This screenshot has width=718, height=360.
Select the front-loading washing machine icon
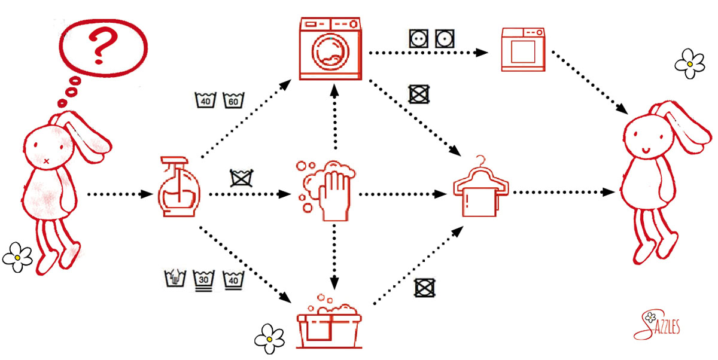[331, 48]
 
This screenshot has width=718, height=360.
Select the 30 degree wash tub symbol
[203, 279]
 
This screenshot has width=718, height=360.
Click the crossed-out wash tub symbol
[240, 178]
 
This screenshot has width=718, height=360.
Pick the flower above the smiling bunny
[689, 62]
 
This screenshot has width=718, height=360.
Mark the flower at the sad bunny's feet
[17, 257]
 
